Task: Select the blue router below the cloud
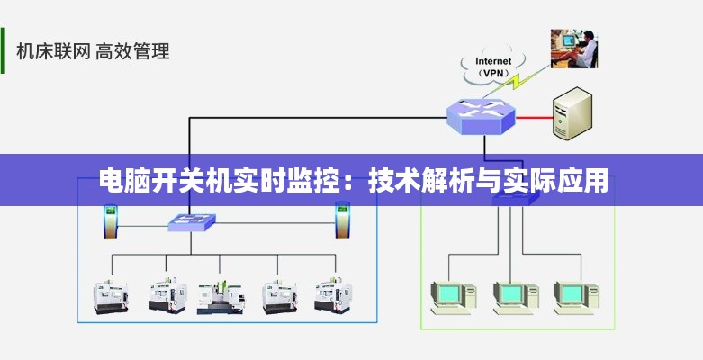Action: click(x=482, y=114)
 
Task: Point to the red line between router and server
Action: click(x=533, y=117)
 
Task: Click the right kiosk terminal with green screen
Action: click(x=342, y=220)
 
